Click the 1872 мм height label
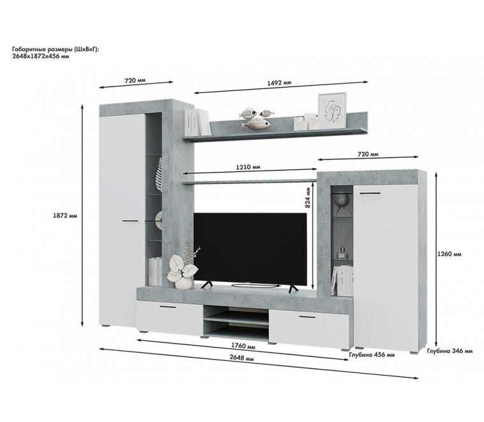(65, 216)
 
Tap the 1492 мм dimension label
(279, 83)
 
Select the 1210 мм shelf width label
(248, 167)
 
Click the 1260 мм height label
(449, 254)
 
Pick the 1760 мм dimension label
(243, 346)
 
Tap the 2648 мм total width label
(242, 358)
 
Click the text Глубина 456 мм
(372, 355)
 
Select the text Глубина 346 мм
(450, 351)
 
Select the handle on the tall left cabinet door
(131, 221)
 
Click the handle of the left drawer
(167, 307)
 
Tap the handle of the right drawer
(307, 317)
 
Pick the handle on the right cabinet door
(369, 193)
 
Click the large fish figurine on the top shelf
(256, 123)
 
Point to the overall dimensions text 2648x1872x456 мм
(40, 56)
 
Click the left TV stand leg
(206, 285)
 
